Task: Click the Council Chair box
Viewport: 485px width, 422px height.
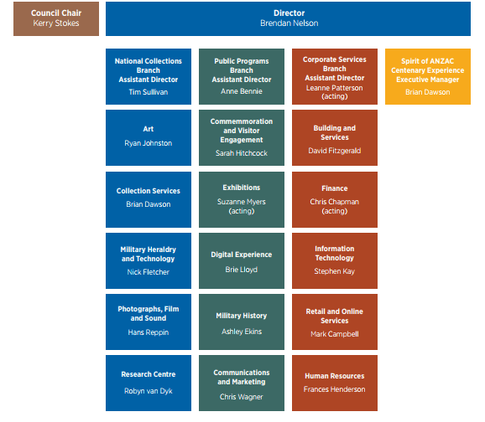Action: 56,18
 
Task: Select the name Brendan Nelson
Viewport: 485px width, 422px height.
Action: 289,23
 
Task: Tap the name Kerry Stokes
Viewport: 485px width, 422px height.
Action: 56,23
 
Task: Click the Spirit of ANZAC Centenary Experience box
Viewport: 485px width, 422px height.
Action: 428,76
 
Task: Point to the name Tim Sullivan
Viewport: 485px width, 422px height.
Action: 149,92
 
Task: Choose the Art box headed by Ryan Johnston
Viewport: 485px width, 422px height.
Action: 149,137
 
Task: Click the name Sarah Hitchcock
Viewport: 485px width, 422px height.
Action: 242,153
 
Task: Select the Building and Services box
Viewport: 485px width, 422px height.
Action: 335,137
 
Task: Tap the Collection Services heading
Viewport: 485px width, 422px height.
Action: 149,191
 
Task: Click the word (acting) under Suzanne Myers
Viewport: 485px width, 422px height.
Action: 242,211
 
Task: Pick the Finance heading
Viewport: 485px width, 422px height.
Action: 335,188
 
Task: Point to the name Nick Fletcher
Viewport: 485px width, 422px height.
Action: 149,272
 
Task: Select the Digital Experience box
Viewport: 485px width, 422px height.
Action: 242,261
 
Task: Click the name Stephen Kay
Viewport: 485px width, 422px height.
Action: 335,271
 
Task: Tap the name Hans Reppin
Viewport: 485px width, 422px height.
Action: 149,332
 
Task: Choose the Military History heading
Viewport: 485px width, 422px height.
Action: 242,316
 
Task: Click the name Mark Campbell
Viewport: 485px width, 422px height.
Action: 335,334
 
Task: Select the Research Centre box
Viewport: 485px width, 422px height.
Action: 149,383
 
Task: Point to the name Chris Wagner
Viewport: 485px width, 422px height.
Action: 242,397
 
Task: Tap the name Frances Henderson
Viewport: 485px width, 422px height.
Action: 335,389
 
